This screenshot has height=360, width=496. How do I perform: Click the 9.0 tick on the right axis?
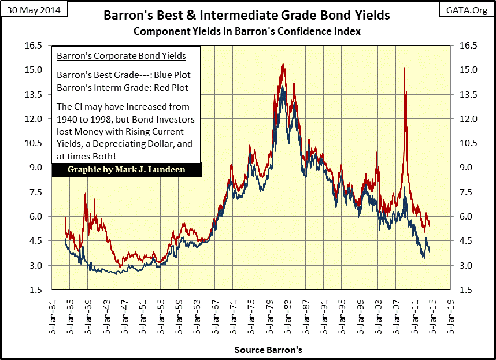(466, 168)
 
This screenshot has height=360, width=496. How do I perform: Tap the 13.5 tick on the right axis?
(466, 95)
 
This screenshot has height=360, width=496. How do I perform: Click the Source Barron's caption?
(268, 350)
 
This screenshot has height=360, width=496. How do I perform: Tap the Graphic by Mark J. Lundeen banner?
(127, 170)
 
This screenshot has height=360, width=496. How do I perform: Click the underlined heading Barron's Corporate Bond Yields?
(121, 56)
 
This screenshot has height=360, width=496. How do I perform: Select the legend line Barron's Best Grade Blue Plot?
(124, 75)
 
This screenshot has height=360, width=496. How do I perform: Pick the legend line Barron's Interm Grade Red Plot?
(123, 88)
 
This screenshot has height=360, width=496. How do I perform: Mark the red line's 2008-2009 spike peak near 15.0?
(404, 69)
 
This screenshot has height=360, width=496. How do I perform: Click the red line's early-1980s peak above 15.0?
(283, 64)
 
